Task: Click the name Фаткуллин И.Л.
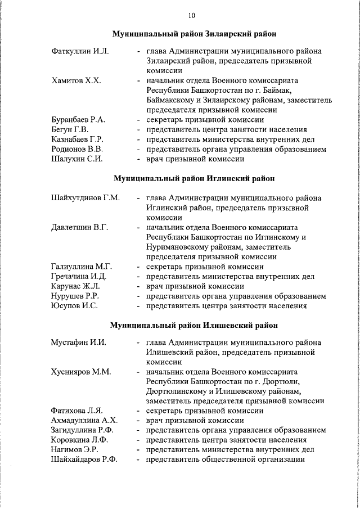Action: (79, 51)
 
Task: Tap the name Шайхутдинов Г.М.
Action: (85, 198)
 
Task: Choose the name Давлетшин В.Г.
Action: (79, 227)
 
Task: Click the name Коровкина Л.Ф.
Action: (79, 440)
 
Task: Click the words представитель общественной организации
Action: (225, 460)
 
